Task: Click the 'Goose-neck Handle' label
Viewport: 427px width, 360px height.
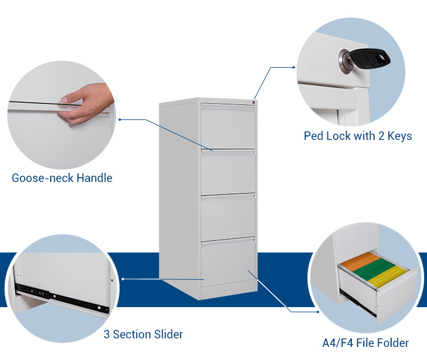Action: click(x=62, y=178)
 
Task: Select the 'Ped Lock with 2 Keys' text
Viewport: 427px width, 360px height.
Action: click(x=358, y=136)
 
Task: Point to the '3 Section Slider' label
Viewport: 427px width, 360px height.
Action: click(x=143, y=334)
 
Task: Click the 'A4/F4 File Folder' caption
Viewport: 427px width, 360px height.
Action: click(x=365, y=343)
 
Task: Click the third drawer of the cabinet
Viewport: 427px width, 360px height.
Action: click(x=228, y=218)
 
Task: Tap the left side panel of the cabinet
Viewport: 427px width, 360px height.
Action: click(x=179, y=193)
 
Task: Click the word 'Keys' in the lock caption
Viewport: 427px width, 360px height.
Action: click(x=398, y=136)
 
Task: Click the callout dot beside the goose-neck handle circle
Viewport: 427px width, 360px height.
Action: click(x=120, y=119)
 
